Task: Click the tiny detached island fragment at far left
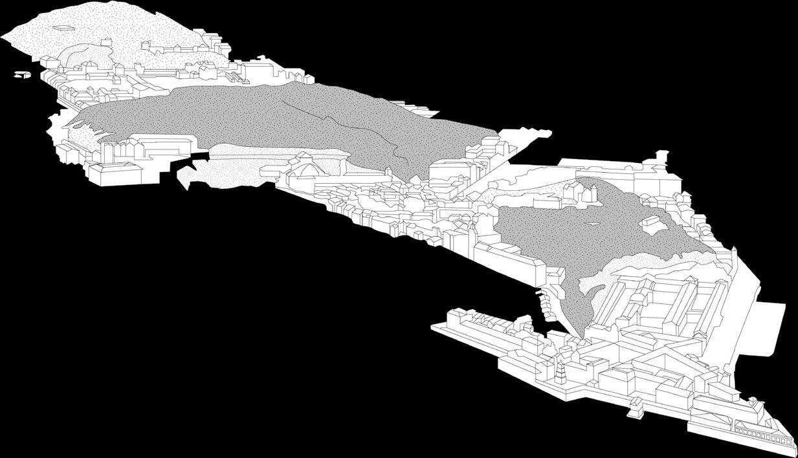point(22,74)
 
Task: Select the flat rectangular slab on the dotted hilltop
point(63,28)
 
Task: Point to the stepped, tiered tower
point(560,371)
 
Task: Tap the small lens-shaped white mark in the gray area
point(592,224)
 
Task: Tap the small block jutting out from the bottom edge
point(636,405)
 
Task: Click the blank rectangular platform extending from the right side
point(764,330)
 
